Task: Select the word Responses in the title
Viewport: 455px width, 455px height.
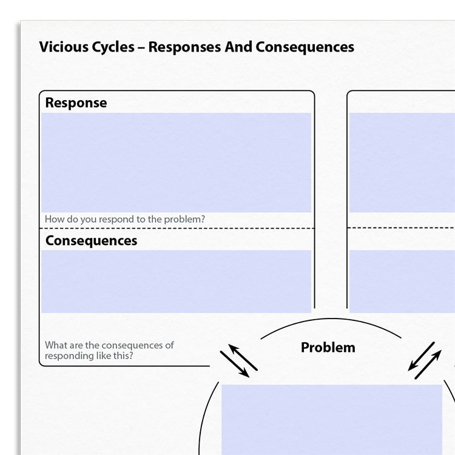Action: click(x=184, y=47)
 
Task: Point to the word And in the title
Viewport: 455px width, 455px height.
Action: click(x=238, y=47)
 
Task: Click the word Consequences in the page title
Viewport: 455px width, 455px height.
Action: click(x=305, y=47)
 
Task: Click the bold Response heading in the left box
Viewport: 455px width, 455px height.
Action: click(x=76, y=103)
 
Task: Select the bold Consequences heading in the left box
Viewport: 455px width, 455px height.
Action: click(x=91, y=241)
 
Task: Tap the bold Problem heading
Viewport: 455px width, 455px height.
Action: click(x=328, y=348)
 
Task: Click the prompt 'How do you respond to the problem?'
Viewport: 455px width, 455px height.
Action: click(x=125, y=220)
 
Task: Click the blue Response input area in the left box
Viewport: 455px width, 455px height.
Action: click(x=176, y=163)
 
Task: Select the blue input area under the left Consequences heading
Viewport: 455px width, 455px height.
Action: click(x=176, y=281)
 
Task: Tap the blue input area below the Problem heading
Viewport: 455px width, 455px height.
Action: click(x=332, y=420)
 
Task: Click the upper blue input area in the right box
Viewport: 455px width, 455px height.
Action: click(x=402, y=163)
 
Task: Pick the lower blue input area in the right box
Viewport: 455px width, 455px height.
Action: click(x=402, y=281)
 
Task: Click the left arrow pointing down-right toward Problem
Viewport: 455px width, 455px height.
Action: click(x=234, y=364)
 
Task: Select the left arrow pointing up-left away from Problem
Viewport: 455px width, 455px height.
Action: click(x=243, y=357)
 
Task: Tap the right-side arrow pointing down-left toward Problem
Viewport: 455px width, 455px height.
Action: click(x=421, y=357)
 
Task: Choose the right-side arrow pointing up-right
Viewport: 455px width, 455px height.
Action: click(x=428, y=365)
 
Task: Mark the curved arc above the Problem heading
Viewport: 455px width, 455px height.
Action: click(x=331, y=318)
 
